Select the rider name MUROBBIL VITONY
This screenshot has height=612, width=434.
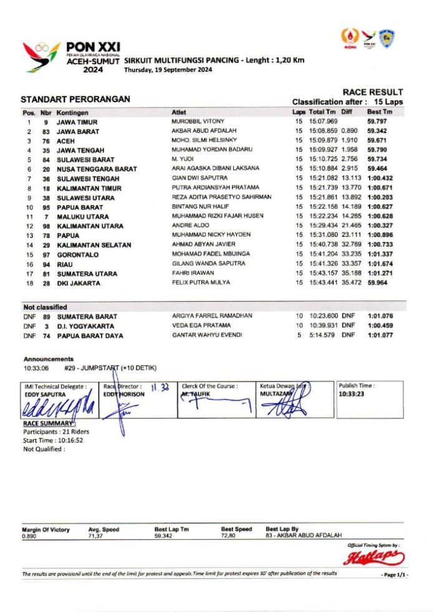point(198,121)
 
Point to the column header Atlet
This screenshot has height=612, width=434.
point(178,112)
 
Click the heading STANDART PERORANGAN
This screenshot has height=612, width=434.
point(75,99)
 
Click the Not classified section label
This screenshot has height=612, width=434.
point(45,307)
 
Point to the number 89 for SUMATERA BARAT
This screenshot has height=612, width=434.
point(46,317)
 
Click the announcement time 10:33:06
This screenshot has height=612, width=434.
point(36,368)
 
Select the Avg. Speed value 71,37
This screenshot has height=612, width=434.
point(96,535)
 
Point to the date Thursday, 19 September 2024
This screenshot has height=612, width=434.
point(168,70)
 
